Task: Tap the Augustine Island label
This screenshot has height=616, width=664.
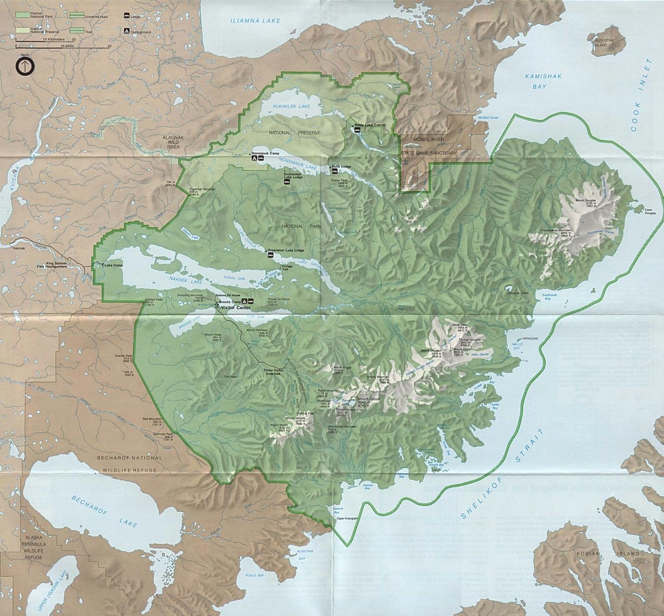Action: point(604,43)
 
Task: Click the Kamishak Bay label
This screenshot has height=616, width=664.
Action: point(540,82)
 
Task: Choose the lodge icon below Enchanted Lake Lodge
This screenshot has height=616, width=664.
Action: point(286,182)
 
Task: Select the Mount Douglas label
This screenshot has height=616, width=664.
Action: point(586,203)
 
